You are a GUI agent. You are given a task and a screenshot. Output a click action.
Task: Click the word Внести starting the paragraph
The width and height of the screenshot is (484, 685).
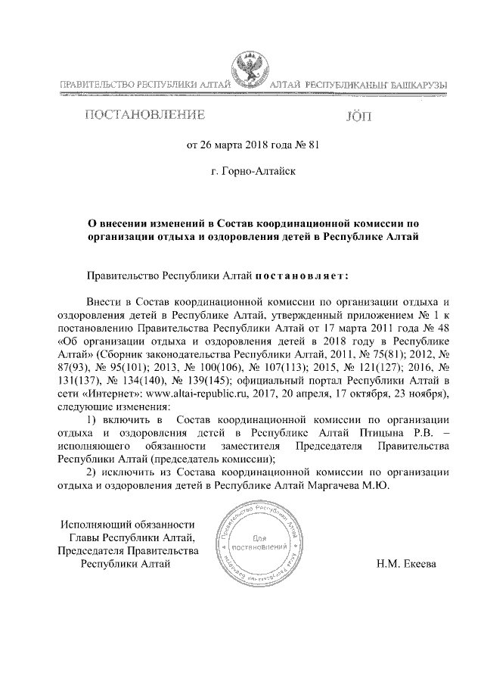click(104, 301)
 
